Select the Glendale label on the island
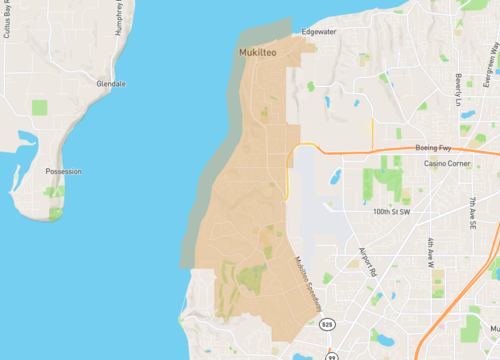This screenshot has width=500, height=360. click(x=111, y=84)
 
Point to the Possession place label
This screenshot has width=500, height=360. click(x=63, y=171)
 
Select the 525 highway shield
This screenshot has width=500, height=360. click(x=328, y=325)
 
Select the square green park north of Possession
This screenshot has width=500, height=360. click(x=39, y=107)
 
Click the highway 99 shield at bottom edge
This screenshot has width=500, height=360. click(x=332, y=354)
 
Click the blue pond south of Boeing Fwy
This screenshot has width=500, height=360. click(x=334, y=178)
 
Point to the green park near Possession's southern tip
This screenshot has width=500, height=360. click(x=54, y=213)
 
